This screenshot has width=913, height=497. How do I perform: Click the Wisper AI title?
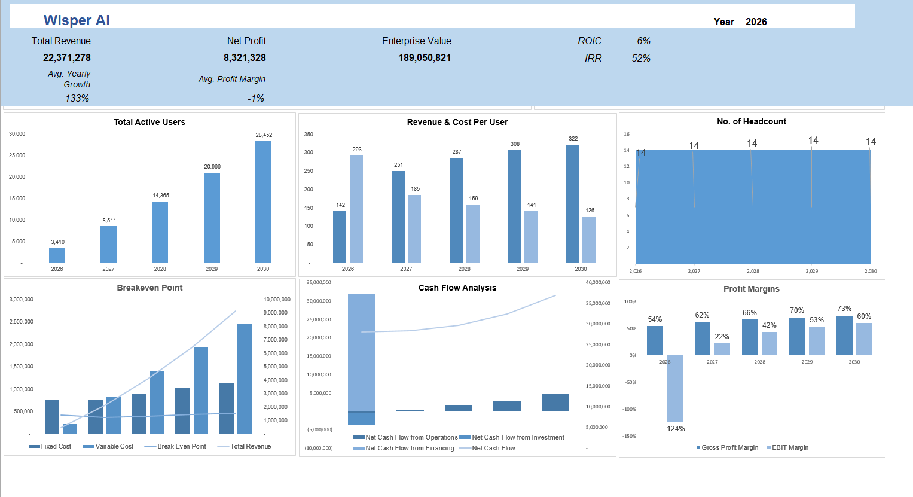point(77,20)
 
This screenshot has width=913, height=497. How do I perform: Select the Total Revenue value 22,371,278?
point(67,58)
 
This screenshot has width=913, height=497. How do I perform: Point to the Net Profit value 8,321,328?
point(245,58)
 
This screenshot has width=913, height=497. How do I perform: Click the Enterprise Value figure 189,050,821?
point(425,58)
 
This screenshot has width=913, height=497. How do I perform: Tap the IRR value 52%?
point(641,59)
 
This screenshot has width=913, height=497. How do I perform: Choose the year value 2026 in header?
point(756,22)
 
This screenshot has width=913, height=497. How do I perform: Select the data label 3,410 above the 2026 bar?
point(57,242)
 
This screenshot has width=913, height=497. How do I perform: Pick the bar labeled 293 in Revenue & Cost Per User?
point(356,209)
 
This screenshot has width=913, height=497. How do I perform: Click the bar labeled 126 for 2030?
point(589,239)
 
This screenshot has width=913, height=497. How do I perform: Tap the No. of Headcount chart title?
point(752,121)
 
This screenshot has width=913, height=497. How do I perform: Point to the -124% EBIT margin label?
point(674,429)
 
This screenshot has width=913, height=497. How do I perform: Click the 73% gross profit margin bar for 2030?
point(844,336)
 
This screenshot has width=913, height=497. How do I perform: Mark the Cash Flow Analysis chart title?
point(457,288)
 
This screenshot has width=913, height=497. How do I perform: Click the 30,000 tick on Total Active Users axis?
point(17,134)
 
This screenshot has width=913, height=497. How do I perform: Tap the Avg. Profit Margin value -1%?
point(256,99)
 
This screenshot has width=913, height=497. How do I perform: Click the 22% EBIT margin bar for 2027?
point(722,349)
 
